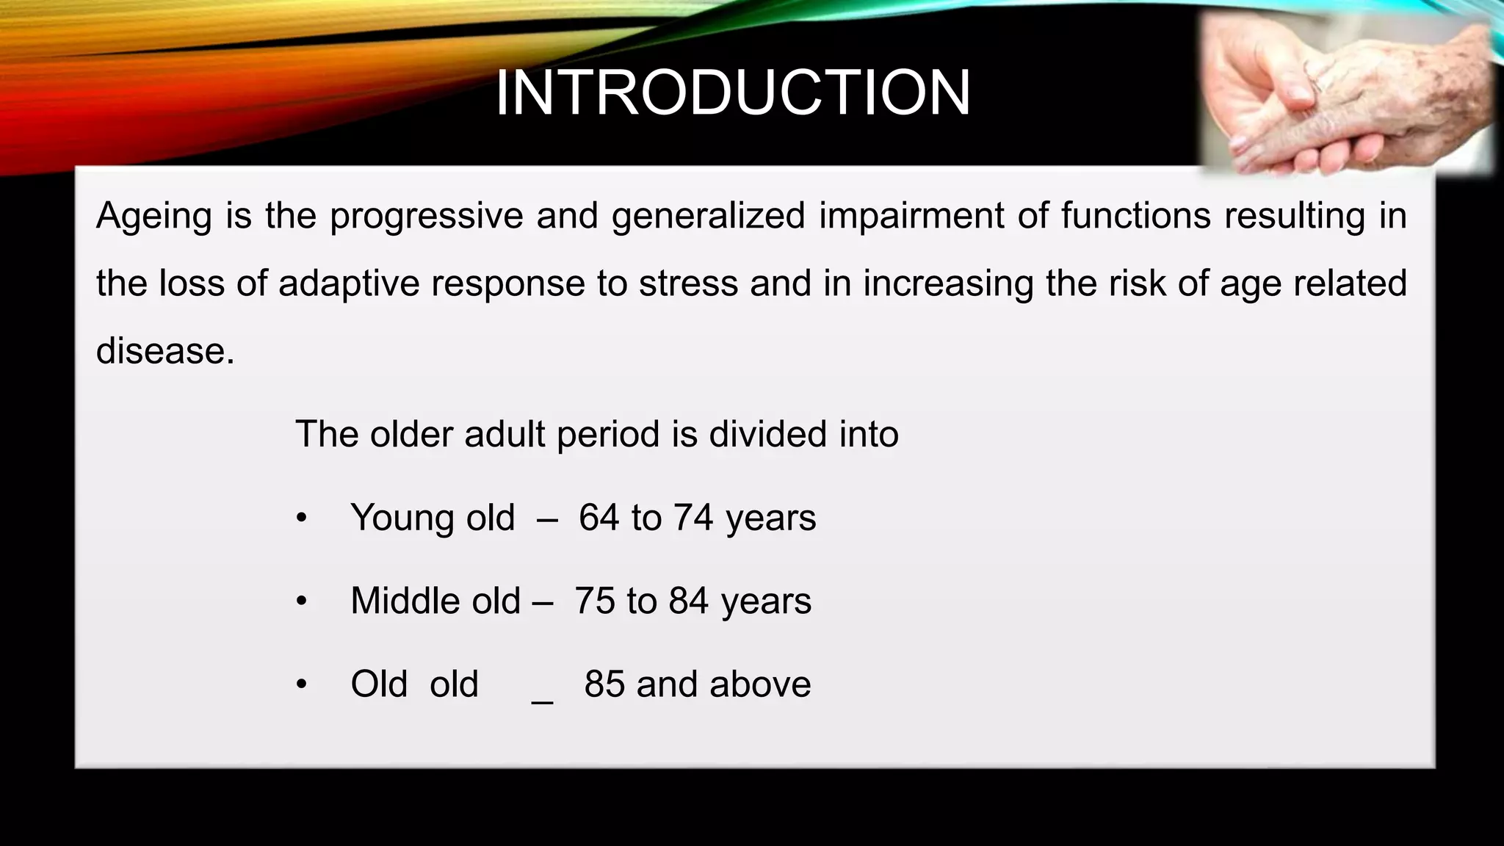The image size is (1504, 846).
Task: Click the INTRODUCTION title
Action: click(733, 93)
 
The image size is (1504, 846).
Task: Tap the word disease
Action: click(164, 351)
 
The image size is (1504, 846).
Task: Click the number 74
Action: click(694, 518)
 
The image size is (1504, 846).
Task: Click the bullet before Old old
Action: click(300, 685)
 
